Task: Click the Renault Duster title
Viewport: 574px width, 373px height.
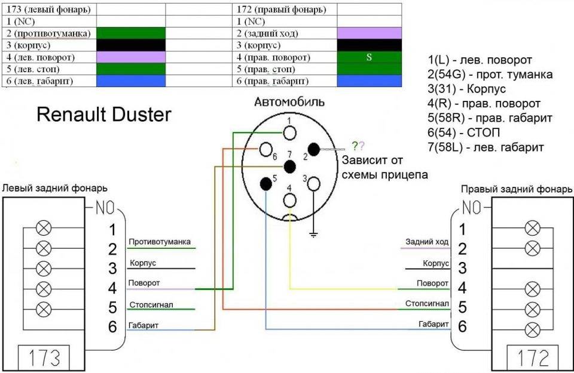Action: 104,115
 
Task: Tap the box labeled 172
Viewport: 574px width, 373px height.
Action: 533,357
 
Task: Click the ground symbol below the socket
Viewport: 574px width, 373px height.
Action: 313,233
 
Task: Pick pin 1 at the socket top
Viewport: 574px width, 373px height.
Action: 290,132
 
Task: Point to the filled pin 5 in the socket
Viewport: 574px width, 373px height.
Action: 266,183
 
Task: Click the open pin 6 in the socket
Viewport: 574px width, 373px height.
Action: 266,149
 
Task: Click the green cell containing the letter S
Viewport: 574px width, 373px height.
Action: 369,58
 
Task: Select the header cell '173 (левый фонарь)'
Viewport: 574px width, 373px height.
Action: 48,10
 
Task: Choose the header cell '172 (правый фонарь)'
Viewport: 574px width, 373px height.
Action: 284,10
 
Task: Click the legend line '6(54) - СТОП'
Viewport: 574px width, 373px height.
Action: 464,132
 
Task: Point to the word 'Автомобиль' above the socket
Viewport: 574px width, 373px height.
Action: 290,102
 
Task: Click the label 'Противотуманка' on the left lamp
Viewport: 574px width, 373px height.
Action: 160,242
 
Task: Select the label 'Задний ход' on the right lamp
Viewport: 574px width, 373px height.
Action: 427,242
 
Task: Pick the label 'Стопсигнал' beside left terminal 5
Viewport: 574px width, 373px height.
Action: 151,305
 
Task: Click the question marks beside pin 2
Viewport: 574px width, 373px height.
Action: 358,145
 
